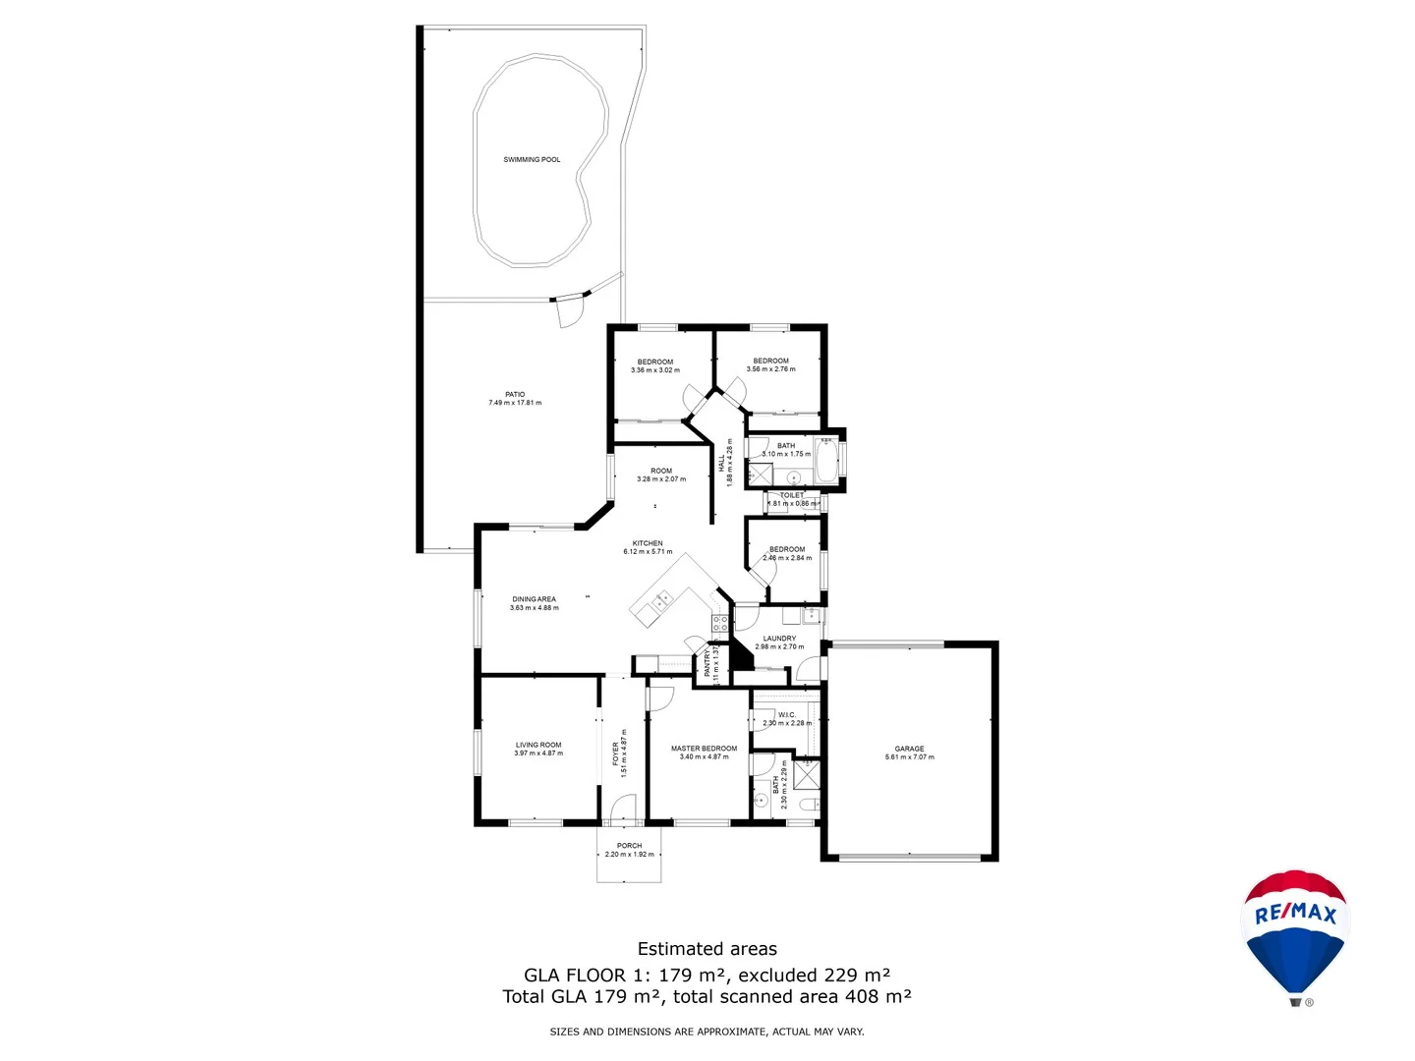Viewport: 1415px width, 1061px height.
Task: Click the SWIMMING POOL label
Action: coord(532,159)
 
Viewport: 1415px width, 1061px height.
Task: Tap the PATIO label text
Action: coord(515,394)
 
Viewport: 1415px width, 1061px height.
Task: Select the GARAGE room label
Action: coord(909,749)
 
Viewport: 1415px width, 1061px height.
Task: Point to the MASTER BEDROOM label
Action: coord(704,749)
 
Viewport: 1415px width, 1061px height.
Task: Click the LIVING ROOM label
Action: coord(538,745)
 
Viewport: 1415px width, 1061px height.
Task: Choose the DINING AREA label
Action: coord(534,599)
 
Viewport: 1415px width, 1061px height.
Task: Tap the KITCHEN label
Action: coord(648,543)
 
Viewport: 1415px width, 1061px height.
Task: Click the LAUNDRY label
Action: coord(779,639)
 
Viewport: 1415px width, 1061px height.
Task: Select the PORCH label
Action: coord(629,846)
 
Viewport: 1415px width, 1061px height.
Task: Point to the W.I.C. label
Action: coord(786,714)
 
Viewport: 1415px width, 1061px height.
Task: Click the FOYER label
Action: coord(616,754)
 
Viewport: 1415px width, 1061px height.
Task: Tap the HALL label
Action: coord(722,463)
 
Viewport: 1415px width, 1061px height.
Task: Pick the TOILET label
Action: coord(792,495)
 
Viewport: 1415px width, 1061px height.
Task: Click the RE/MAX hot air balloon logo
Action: coord(1296,933)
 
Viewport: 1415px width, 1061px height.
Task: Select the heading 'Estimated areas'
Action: coord(707,949)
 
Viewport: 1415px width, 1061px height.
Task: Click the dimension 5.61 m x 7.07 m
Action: coord(909,757)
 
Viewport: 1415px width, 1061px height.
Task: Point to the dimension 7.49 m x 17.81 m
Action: coord(515,403)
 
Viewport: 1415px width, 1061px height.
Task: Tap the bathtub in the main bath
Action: coord(826,462)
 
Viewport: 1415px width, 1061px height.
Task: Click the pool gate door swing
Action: coord(568,312)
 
